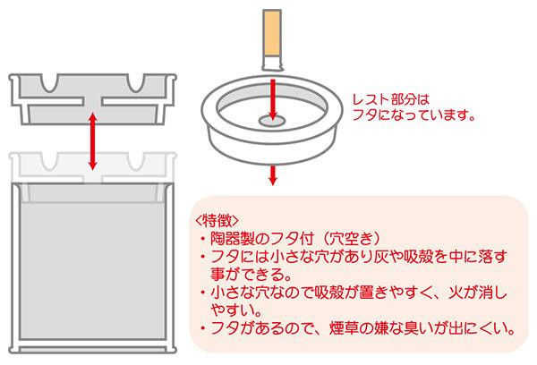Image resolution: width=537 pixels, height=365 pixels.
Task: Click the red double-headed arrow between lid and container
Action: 94,140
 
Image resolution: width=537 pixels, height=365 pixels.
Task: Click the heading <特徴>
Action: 215,220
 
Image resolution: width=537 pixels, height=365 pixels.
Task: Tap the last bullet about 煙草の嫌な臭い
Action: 358,328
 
